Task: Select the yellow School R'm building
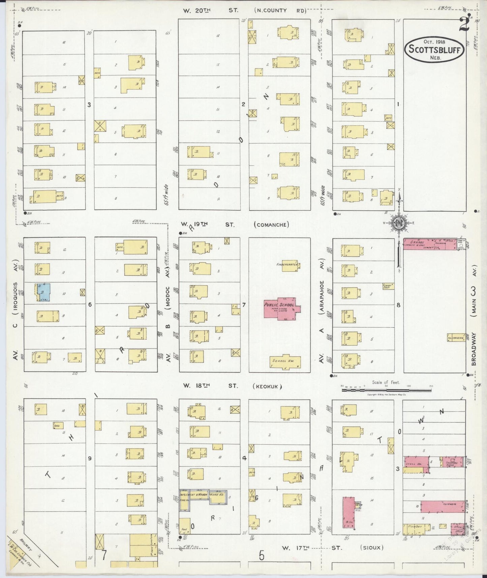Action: [285, 361]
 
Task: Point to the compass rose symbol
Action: [398, 223]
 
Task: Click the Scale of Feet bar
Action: [386, 390]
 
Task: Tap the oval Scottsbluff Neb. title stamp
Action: [434, 50]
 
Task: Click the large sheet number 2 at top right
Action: [464, 25]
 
